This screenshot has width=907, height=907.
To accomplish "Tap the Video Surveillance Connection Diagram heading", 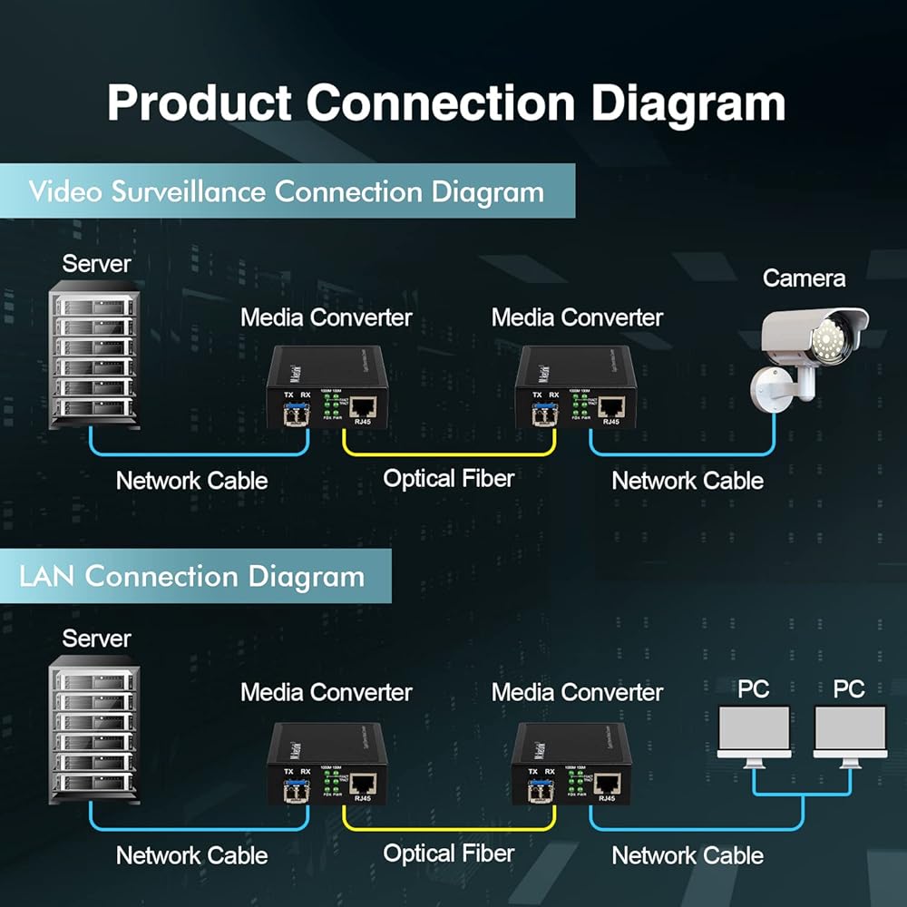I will pyautogui.click(x=286, y=192).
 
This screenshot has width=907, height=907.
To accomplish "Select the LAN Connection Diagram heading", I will pyautogui.click(x=191, y=577).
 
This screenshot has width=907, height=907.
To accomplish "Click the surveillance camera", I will pyautogui.click(x=810, y=349).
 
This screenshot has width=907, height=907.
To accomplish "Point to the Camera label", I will pyautogui.click(x=804, y=278).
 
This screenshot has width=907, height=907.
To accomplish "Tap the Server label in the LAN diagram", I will pyautogui.click(x=96, y=639).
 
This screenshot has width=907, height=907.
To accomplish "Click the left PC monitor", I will pyautogui.click(x=754, y=733).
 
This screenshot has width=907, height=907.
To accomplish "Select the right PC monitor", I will pyautogui.click(x=850, y=733).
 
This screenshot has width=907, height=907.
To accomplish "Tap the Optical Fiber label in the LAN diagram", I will pyautogui.click(x=448, y=853).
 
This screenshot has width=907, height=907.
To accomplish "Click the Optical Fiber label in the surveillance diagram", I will pyautogui.click(x=448, y=478).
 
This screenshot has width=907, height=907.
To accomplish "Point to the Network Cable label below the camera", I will pyautogui.click(x=688, y=481).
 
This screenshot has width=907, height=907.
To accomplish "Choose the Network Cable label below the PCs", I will pyautogui.click(x=688, y=855).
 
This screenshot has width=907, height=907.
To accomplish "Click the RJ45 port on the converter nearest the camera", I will pyautogui.click(x=610, y=406).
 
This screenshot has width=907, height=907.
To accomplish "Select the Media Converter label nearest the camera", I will pyautogui.click(x=577, y=318).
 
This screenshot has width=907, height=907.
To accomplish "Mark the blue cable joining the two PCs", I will pyautogui.click(x=802, y=796).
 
